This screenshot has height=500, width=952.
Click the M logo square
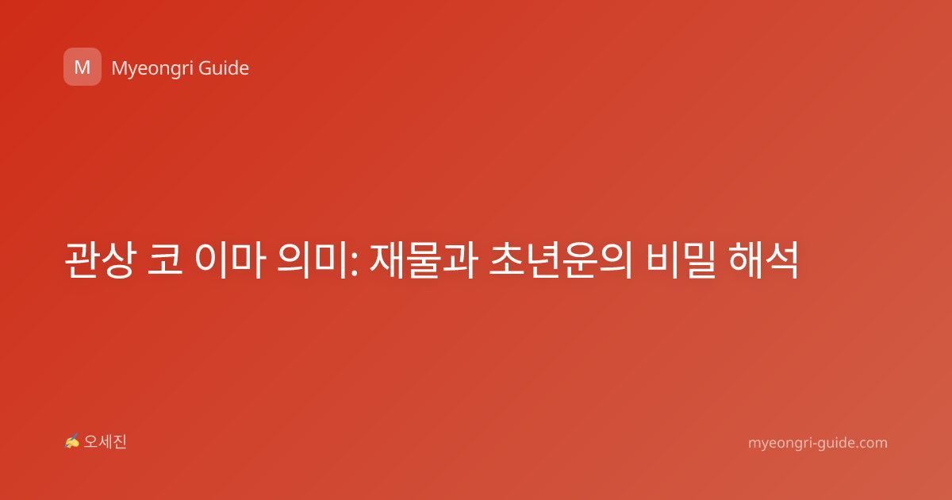pyautogui.click(x=83, y=67)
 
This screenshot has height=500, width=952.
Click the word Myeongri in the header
pyautogui.click(x=152, y=69)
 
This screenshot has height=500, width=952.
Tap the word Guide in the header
pyautogui.click(x=224, y=68)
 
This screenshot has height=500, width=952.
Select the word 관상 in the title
pyautogui.click(x=101, y=260)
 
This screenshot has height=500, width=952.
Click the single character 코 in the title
pyautogui.click(x=165, y=260)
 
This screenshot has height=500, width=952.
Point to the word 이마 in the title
pyautogui.click(x=230, y=260)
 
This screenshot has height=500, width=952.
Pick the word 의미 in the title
pyautogui.click(x=313, y=260)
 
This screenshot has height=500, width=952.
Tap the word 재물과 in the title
pyautogui.click(x=424, y=260)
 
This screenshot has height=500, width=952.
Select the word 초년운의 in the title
pyautogui.click(x=562, y=260)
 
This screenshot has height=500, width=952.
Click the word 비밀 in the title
pyautogui.click(x=681, y=260)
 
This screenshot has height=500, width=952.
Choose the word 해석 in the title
pyautogui.click(x=764, y=260)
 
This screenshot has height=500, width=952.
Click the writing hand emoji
pyautogui.click(x=72, y=441)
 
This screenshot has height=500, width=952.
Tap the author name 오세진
pyautogui.click(x=106, y=442)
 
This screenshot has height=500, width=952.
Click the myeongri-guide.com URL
pyautogui.click(x=818, y=443)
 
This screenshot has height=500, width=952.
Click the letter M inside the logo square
pyautogui.click(x=83, y=67)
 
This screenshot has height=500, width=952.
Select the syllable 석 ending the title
pyautogui.click(x=782, y=260)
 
